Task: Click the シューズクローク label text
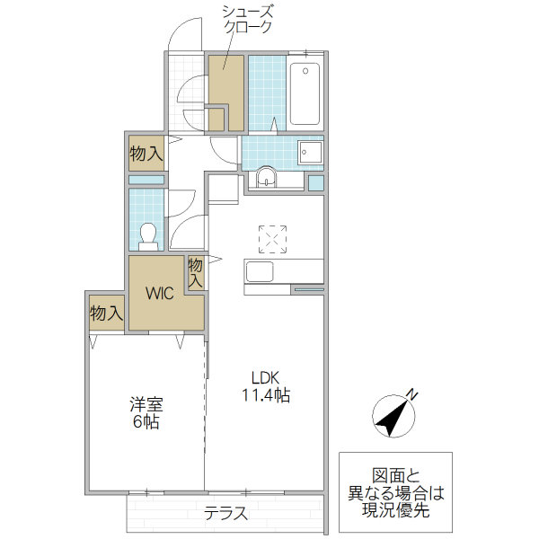tap(249, 19)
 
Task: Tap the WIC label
tap(160, 293)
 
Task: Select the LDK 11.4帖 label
tap(263, 386)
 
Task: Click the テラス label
tap(225, 515)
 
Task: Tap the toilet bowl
tap(150, 234)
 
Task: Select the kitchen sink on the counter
tap(261, 271)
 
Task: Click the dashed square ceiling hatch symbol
tap(272, 238)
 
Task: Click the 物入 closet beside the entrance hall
tap(146, 154)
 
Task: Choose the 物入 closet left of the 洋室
tap(106, 314)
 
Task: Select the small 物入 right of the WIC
tap(195, 272)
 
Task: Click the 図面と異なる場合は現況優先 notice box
tap(395, 493)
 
